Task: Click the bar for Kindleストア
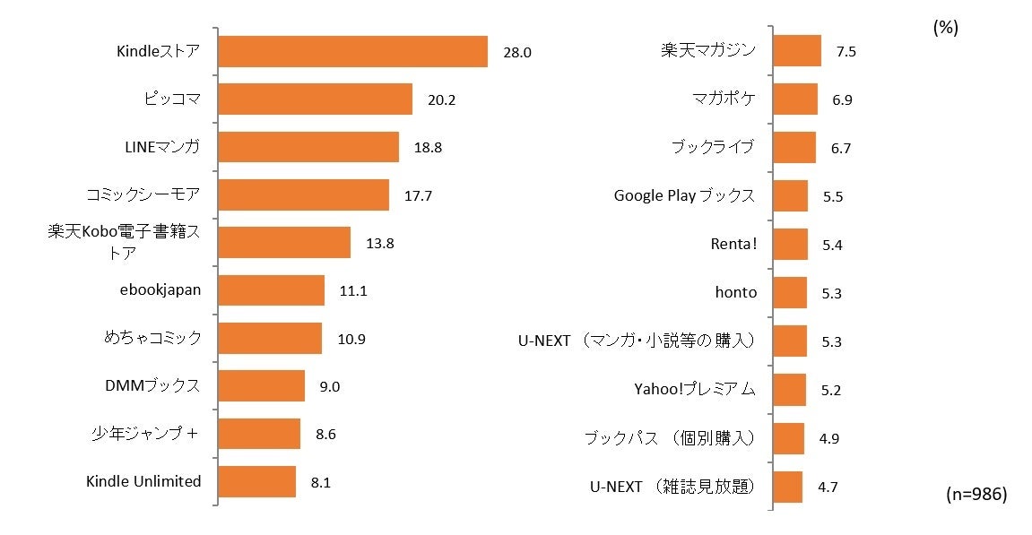[352, 51]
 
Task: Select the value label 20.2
[441, 99]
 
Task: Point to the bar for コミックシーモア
[303, 194]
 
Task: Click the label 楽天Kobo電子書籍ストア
[124, 242]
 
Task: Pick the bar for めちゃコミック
[270, 339]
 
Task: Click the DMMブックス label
[152, 386]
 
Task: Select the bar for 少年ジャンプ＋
[259, 434]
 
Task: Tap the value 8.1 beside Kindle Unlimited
[321, 482]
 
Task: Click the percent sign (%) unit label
[945, 28]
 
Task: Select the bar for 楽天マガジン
[796, 51]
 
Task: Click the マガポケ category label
[724, 99]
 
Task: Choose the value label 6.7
[840, 148]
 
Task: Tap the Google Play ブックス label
[684, 195]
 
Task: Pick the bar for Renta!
[789, 244]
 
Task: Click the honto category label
[735, 292]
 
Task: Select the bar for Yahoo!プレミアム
[788, 390]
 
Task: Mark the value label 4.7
[828, 488]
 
